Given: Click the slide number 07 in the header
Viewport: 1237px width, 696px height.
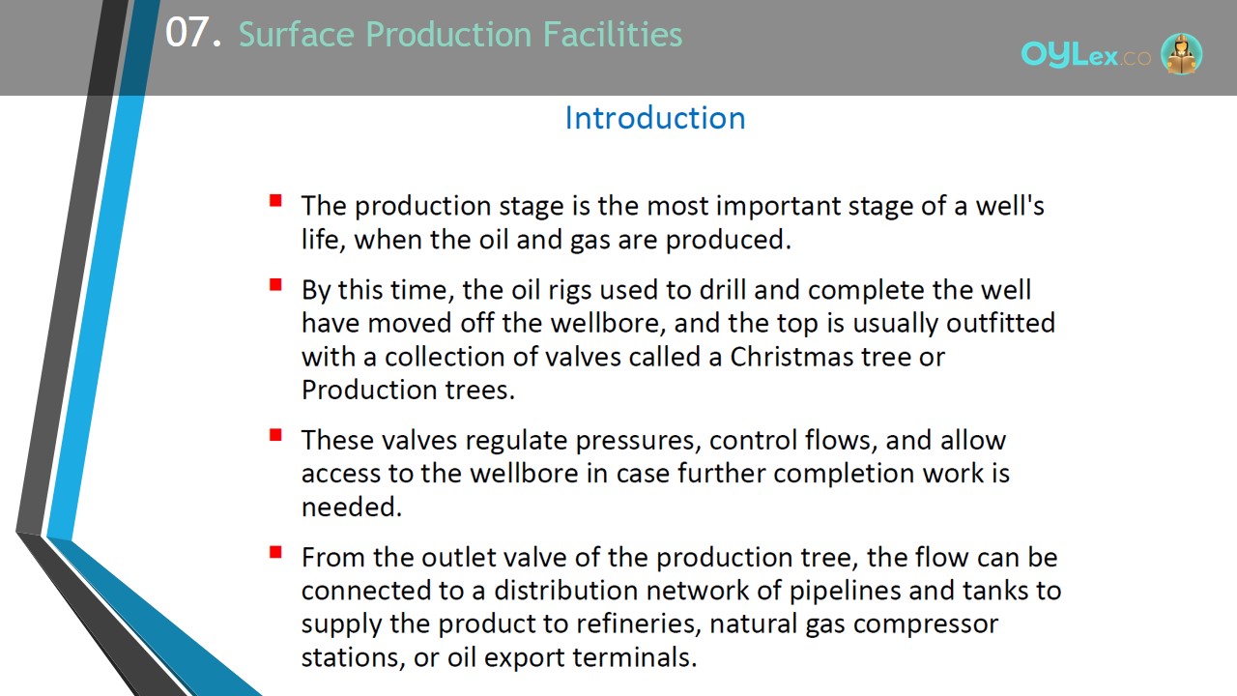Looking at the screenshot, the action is (x=187, y=33).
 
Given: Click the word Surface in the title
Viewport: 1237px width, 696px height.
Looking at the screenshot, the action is (x=297, y=34).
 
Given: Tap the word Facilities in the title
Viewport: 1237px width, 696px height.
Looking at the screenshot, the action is (x=613, y=34).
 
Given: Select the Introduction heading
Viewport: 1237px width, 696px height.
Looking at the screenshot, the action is (x=655, y=118).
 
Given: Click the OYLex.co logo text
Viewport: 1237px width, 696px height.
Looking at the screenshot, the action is (x=1085, y=55).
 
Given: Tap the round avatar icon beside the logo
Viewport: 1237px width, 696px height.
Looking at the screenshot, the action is (x=1181, y=53).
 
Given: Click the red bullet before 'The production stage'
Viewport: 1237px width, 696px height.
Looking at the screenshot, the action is (x=275, y=200).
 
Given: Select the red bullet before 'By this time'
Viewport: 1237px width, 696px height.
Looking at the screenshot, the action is (x=275, y=284).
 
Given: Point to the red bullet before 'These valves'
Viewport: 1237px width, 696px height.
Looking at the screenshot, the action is (x=275, y=435).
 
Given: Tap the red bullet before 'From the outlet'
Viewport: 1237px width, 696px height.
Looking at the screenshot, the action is (x=275, y=552).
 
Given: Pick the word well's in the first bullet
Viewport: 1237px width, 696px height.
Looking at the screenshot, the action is (x=1010, y=206).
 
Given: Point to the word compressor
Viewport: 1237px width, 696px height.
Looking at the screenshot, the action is (x=926, y=624).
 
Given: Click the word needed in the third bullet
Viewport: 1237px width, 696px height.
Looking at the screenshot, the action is (x=352, y=507).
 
